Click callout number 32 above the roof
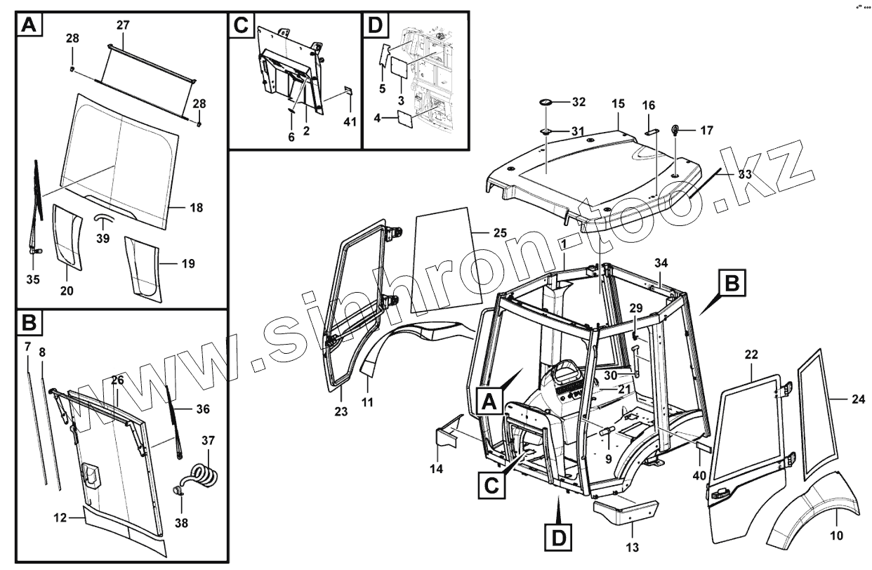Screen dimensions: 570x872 pos(578,102)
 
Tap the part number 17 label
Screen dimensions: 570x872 pos(707,130)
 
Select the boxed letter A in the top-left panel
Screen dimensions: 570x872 pos(29,26)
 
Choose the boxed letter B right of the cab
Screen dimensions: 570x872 pos(731,284)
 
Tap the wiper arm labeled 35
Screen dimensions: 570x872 pos(37,211)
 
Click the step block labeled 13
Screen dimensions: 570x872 pos(626,510)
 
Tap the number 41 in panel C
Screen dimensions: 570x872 pos(350,121)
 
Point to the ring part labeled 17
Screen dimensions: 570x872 pos(678,129)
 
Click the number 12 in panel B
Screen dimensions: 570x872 pos(60,518)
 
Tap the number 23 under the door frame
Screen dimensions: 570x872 pos(341,412)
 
